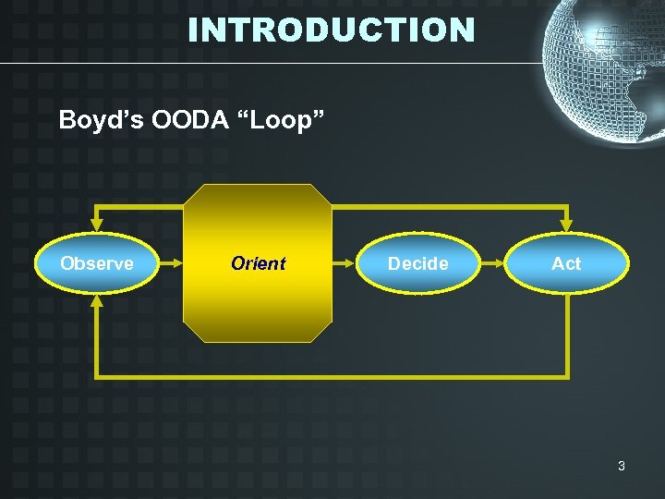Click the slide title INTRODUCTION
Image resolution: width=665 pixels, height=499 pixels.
(332, 30)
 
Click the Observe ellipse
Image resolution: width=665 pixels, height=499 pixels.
(96, 263)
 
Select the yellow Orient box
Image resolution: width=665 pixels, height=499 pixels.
(258, 263)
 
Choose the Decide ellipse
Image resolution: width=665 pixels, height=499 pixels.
(418, 263)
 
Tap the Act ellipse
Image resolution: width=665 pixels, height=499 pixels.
(566, 263)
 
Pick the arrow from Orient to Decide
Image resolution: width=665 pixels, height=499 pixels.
(345, 263)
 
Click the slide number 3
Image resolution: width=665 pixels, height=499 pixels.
(621, 466)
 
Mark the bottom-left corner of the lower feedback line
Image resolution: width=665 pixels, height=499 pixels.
(97, 376)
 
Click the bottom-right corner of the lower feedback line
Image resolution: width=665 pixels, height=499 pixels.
(567, 376)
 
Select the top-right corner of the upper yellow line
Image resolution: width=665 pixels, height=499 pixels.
(566, 204)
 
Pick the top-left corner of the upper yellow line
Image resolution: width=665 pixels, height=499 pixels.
(96, 204)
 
